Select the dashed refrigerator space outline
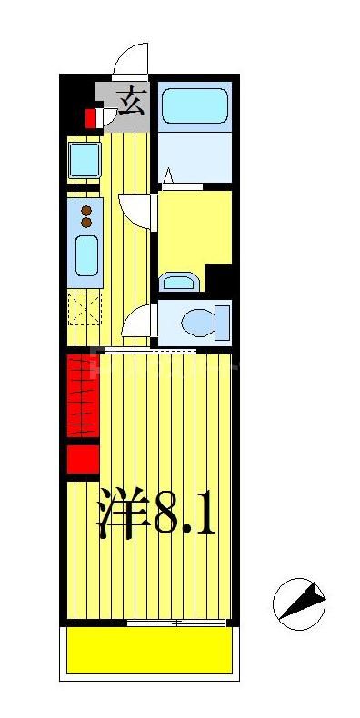point(85,310)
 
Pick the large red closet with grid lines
point(82,396)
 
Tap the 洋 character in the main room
point(123,515)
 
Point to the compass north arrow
point(300,603)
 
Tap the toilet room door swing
point(138,323)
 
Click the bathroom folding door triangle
point(168,175)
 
